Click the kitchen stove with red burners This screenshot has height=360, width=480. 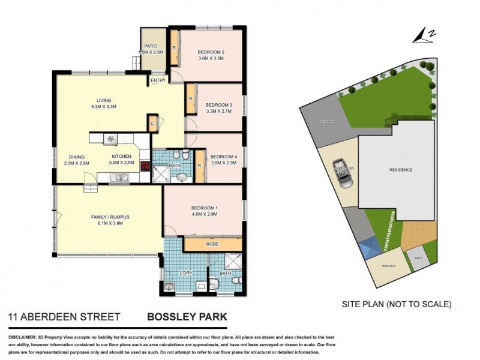145,167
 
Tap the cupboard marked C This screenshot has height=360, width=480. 152,123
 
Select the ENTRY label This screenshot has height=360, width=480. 158,80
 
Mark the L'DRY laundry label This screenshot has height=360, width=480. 187,274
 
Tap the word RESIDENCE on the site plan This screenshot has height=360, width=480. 401,170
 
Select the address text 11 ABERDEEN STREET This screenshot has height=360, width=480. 64,316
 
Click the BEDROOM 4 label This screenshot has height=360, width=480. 224,157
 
